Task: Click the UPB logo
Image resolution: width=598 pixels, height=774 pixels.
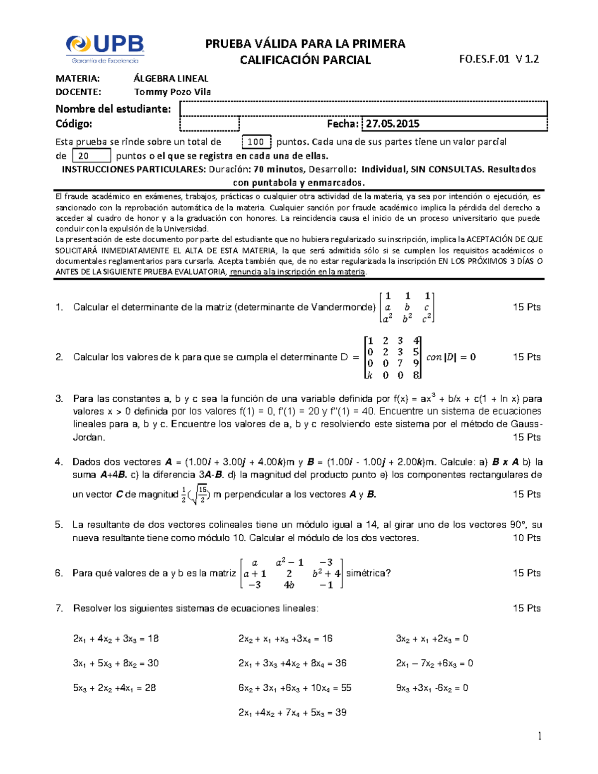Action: point(105,49)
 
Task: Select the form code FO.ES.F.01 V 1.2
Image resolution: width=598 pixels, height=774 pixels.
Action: point(499,59)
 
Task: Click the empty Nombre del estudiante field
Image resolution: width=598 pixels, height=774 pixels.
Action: point(363,109)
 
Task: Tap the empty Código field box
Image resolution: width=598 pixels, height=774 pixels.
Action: point(209,124)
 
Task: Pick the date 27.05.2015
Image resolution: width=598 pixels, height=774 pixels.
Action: point(393,124)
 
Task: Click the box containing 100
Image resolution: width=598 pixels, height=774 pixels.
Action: point(256,142)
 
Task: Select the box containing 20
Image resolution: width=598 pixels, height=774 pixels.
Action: point(91,156)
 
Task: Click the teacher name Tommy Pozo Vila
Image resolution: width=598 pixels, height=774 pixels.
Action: point(172,92)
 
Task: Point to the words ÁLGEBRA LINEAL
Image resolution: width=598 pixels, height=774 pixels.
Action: point(171,78)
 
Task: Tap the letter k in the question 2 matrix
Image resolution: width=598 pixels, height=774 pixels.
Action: point(369,376)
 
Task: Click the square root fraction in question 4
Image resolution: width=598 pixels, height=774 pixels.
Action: point(201,494)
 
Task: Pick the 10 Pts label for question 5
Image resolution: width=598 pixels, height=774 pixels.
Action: point(527,538)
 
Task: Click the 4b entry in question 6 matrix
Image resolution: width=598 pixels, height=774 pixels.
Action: point(289,585)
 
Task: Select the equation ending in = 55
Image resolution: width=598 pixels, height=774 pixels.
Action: point(295,688)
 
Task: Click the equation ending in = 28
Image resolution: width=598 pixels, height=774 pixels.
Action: point(115,688)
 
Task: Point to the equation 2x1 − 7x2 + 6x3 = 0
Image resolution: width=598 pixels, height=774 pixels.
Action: point(435,663)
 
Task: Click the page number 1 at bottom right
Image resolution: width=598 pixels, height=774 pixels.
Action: point(539,736)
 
